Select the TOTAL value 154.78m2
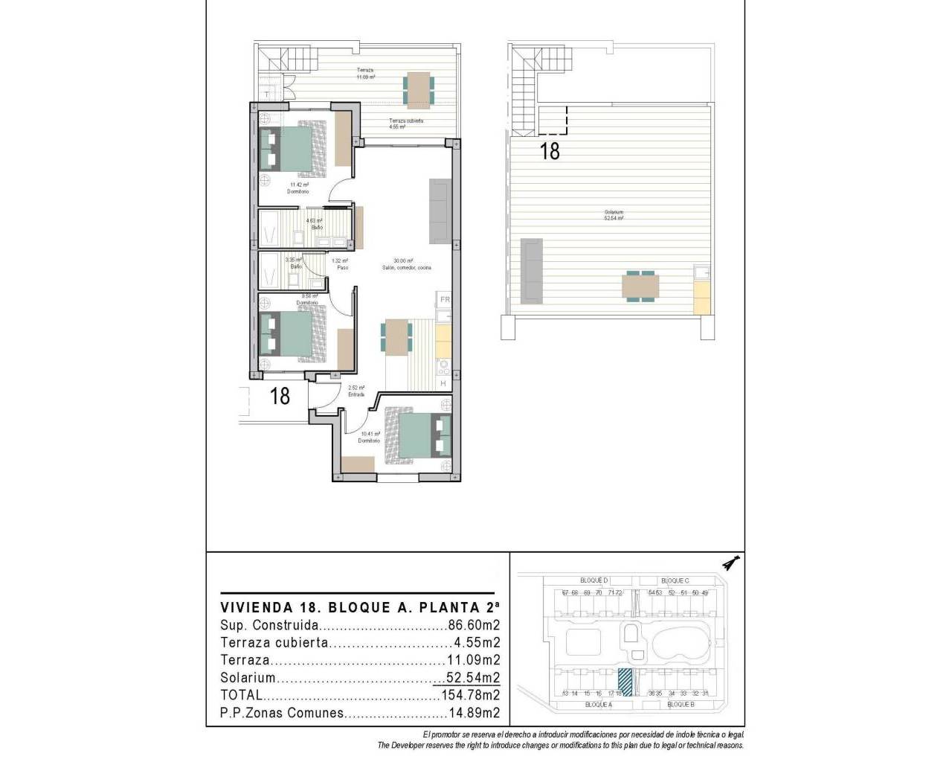pyautogui.click(x=468, y=695)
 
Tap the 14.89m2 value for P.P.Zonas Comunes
pyautogui.click(x=471, y=713)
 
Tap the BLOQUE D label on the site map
pyautogui.click(x=594, y=580)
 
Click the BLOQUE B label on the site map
pyautogui.click(x=681, y=704)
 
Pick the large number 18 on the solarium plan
pyautogui.click(x=550, y=151)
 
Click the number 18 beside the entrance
pyautogui.click(x=280, y=395)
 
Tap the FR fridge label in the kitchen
pyautogui.click(x=445, y=300)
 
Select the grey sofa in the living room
pyautogui.click(x=439, y=211)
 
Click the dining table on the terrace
pyautogui.click(x=417, y=89)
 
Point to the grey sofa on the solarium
pyautogui.click(x=531, y=270)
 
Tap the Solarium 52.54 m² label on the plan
pyautogui.click(x=614, y=216)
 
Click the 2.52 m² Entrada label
pyautogui.click(x=356, y=391)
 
